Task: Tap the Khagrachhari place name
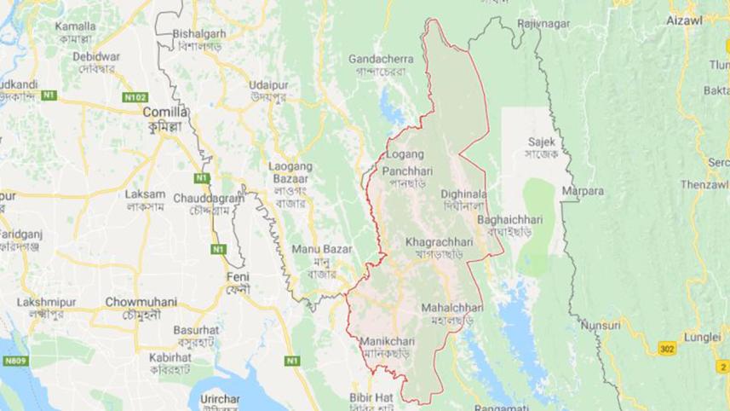(434, 241)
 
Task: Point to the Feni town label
(236, 278)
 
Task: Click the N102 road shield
(134, 98)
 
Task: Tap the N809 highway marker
(14, 362)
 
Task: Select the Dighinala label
(463, 194)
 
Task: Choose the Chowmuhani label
(141, 302)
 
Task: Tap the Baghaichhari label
(509, 219)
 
